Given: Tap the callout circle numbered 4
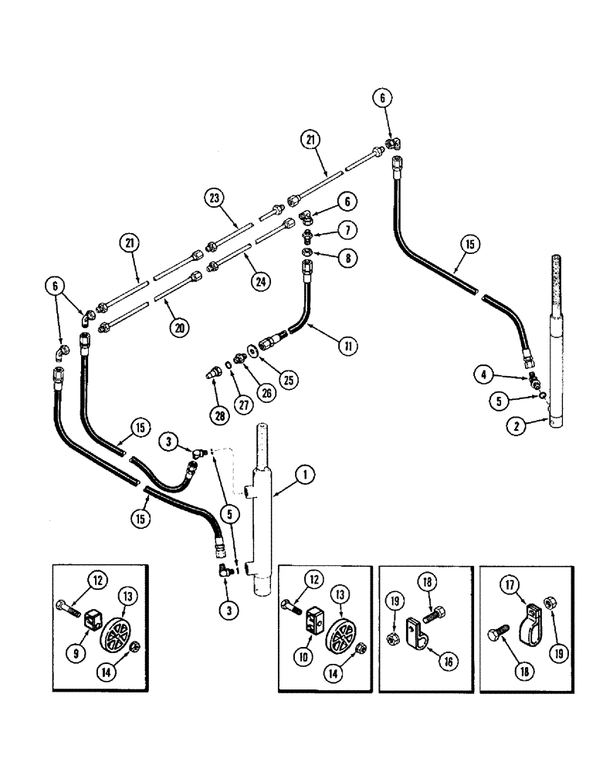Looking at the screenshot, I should click(x=485, y=376).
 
